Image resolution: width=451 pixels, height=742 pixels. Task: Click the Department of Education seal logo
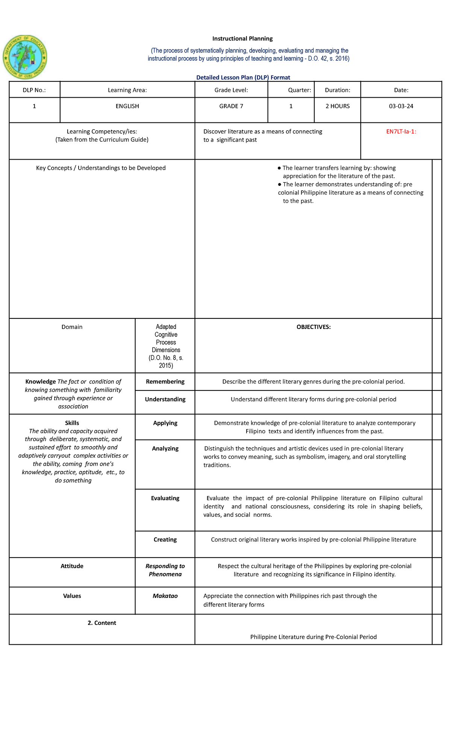(x=25, y=57)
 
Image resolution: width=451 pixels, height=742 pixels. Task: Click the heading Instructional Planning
(x=242, y=39)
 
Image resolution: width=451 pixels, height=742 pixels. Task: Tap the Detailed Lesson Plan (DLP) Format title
(x=243, y=78)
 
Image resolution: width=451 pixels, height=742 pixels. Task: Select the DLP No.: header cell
(x=34, y=90)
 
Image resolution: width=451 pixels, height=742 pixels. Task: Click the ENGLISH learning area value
(x=127, y=106)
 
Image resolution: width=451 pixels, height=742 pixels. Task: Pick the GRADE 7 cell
(x=231, y=106)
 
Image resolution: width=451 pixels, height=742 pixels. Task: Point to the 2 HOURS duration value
(x=337, y=106)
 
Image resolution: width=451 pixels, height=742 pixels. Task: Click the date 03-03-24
(x=401, y=106)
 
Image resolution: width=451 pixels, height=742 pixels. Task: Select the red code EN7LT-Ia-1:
(x=401, y=132)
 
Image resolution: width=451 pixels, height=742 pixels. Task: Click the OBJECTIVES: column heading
(x=313, y=327)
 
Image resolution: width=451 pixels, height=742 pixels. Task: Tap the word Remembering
(x=165, y=382)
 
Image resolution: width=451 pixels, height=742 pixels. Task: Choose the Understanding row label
(x=165, y=400)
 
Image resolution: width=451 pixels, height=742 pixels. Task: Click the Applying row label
(x=165, y=423)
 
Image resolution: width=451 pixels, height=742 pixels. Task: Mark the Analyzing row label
(x=165, y=449)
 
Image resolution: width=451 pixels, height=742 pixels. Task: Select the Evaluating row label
(x=165, y=498)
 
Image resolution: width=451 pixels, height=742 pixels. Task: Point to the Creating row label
(x=165, y=540)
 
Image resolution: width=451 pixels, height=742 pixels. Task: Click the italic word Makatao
(x=165, y=596)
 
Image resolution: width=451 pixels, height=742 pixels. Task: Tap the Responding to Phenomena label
(x=165, y=570)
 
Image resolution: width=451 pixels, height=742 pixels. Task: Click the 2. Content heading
(x=102, y=623)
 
